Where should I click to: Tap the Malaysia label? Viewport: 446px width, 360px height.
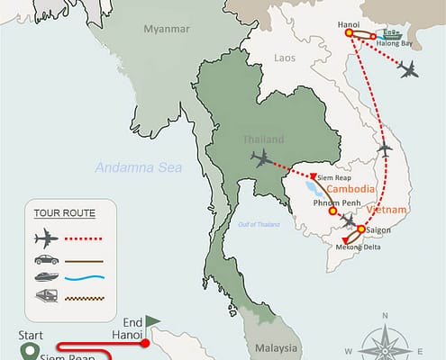tap(275, 347)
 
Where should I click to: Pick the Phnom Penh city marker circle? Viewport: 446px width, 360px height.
tap(332, 211)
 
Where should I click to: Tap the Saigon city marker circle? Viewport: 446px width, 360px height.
tap(361, 230)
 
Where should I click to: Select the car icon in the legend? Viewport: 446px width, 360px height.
tap(45, 260)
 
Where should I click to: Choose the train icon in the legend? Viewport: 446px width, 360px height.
tap(45, 296)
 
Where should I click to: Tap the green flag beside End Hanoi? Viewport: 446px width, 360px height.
tap(152, 319)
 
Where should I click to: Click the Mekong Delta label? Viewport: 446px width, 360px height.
tap(361, 248)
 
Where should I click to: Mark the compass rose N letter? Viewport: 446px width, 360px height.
tap(385, 315)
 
